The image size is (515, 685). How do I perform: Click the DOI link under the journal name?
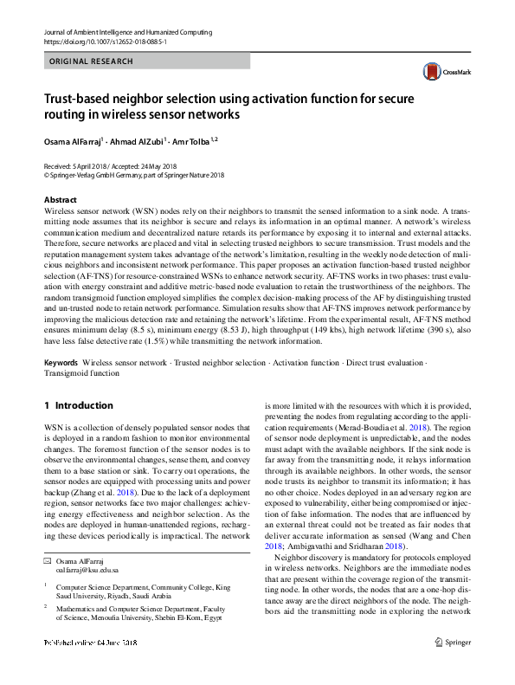(105, 41)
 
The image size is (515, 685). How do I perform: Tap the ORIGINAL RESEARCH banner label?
(92, 61)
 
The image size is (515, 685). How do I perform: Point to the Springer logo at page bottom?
(452, 666)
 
